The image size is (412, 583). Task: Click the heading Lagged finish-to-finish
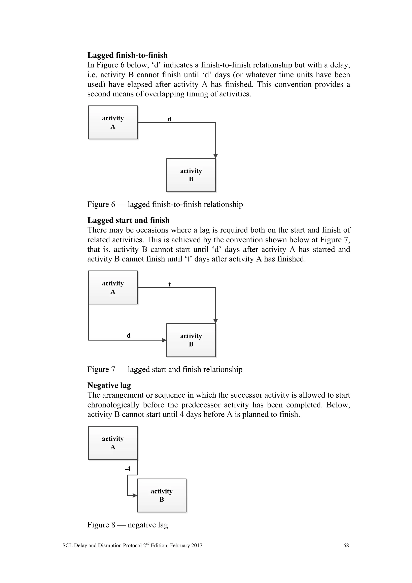pos(127,55)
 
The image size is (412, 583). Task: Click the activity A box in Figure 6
pos(113,122)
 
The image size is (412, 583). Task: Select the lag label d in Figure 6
pos(169,119)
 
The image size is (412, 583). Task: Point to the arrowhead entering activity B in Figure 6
pos(215,156)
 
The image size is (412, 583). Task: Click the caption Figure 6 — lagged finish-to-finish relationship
pos(165,204)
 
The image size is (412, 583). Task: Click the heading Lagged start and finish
pos(128,220)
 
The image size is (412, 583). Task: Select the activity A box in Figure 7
pos(113,287)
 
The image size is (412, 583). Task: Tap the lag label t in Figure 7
pos(169,284)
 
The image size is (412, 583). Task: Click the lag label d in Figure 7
pos(129,335)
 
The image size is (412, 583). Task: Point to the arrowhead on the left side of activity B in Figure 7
pos(164,340)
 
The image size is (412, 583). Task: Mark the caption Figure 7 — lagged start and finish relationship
pos(165,369)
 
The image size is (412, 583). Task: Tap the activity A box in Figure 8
pos(113,443)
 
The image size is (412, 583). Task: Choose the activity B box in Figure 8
pos(162,495)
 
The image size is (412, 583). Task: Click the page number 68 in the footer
pos(346,545)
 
